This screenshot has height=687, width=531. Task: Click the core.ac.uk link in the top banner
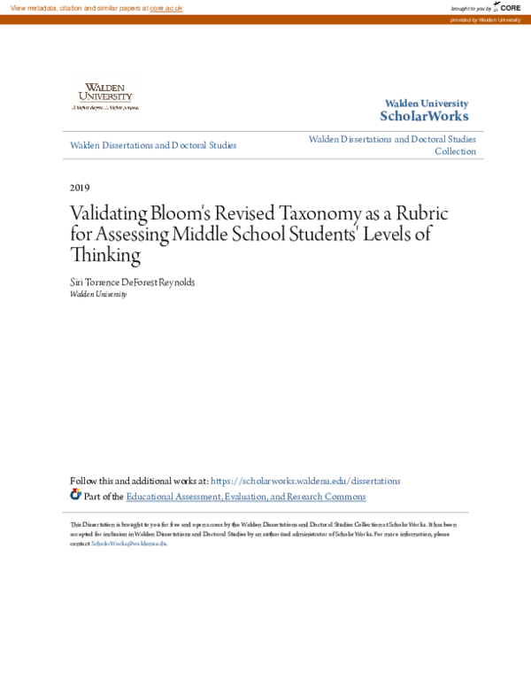(166, 8)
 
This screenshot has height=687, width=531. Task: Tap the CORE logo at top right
(508, 8)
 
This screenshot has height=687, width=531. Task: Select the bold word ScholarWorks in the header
(424, 117)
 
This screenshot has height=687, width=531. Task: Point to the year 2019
(80, 188)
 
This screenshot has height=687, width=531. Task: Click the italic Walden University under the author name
(98, 294)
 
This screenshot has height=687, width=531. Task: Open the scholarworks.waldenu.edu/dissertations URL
(306, 481)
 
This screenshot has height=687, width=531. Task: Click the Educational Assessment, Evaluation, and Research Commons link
(245, 497)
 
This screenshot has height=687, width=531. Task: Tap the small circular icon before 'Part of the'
(75, 495)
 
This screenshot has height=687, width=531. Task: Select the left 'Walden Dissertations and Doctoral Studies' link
(153, 145)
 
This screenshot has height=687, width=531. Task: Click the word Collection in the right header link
(455, 151)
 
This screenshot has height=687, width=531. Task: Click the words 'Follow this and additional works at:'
(139, 481)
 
